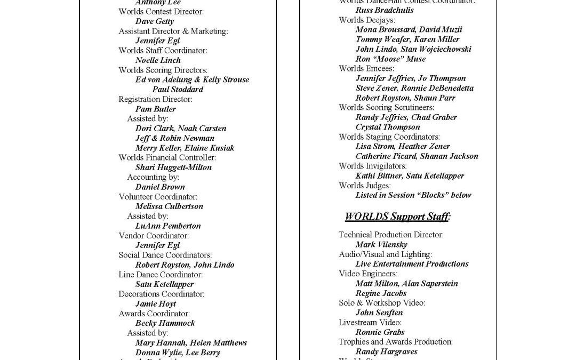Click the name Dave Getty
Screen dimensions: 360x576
[x=154, y=21]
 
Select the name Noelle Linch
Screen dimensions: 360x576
[x=158, y=60]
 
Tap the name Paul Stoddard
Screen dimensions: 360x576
[x=177, y=90]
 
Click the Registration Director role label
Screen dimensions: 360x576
[x=155, y=99]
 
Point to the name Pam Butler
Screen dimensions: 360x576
[x=155, y=109]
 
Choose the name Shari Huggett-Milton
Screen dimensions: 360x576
[x=173, y=167]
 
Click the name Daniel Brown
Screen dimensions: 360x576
[x=160, y=187]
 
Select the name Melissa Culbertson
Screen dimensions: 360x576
[x=169, y=206]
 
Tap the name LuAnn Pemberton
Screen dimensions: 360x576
[x=168, y=226]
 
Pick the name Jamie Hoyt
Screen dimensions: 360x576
[x=155, y=304]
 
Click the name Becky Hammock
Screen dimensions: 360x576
[x=165, y=323]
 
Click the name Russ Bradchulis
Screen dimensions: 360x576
[x=384, y=10]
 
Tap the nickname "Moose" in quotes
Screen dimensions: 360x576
[x=389, y=59]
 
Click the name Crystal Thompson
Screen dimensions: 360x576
[x=387, y=127]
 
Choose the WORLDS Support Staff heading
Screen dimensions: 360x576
[x=397, y=217]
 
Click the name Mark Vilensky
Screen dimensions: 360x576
[x=381, y=245]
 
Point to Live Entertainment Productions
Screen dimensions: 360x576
[x=412, y=264]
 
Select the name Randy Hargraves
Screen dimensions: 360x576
[x=386, y=352]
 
